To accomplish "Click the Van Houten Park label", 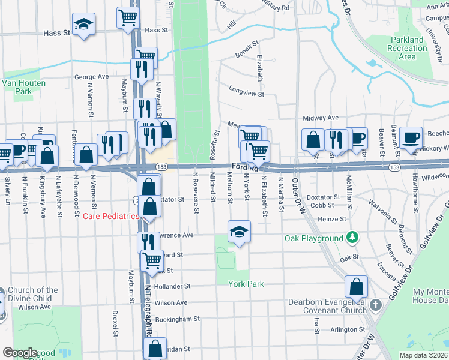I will (16, 87).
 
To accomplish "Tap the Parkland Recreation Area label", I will (407, 49).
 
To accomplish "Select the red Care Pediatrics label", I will (110, 216).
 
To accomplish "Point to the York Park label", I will (246, 284).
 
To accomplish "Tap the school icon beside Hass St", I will (83, 25).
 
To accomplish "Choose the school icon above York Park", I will (238, 232).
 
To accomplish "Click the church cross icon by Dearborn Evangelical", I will (375, 305).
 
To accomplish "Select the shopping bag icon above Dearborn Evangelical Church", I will (357, 287).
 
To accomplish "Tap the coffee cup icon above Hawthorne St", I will (411, 137).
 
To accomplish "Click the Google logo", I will (20, 353).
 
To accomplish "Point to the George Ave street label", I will (91, 77).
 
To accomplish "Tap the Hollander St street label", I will (172, 287).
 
